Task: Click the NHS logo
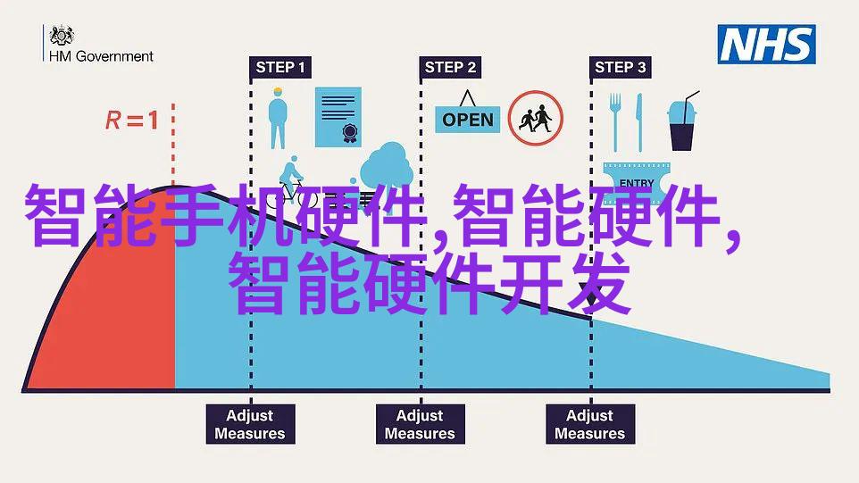(x=766, y=45)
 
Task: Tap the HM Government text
(x=102, y=56)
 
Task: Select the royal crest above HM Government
(x=62, y=35)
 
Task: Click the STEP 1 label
(x=280, y=67)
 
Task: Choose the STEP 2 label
(x=450, y=67)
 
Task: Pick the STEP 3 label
(x=621, y=67)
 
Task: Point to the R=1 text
(x=132, y=120)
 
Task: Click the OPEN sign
(x=467, y=113)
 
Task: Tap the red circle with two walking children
(x=535, y=118)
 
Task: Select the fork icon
(x=616, y=121)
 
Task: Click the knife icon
(x=638, y=122)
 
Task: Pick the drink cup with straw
(x=682, y=121)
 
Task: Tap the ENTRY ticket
(x=636, y=180)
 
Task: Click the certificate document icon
(x=338, y=117)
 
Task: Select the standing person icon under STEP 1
(x=278, y=118)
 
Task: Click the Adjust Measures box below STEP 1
(x=250, y=424)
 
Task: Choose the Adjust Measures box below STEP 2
(x=421, y=424)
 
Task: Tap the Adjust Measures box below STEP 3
(x=590, y=424)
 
